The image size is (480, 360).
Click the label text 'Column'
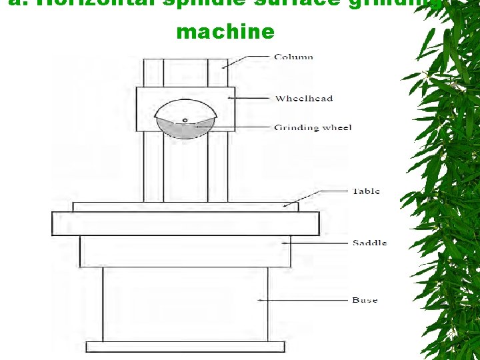[x=293, y=57]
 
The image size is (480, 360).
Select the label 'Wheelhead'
[x=304, y=99]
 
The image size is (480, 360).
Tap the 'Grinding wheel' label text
[x=313, y=127]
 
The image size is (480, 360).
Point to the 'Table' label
[x=366, y=191]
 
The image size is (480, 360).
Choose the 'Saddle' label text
[x=369, y=243]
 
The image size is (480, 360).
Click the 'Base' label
[x=365, y=300]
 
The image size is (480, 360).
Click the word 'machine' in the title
[x=225, y=31]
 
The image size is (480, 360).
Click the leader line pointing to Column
[x=247, y=61]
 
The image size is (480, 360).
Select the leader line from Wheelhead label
[x=250, y=99]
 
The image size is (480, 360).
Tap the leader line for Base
[x=307, y=300]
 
